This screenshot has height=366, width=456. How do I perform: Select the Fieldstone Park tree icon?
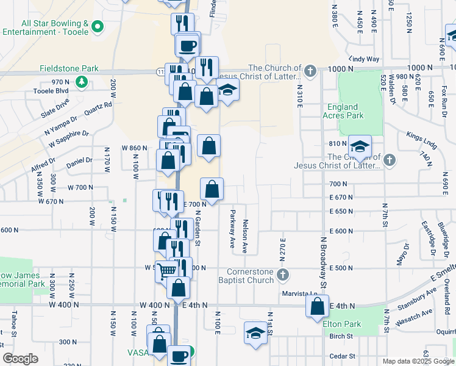80,81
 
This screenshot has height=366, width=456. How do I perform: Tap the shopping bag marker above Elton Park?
317,307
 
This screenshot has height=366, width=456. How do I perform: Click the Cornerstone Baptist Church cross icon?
283,276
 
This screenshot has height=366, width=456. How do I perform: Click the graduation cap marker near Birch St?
255,333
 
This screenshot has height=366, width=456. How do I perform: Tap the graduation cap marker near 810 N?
360,146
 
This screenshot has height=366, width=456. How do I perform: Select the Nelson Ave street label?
245,237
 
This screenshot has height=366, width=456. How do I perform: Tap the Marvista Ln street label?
300,293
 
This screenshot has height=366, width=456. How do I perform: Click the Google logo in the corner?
20,359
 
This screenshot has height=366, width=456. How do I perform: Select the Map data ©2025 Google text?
418,361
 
